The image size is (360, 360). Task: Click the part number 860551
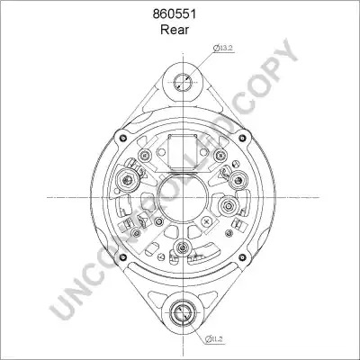coord(175,14)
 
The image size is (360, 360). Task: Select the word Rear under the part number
coord(175,30)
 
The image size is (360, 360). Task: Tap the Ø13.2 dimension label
coord(223,48)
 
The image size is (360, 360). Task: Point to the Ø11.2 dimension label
coord(215,339)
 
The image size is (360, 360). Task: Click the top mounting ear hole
coord(183,82)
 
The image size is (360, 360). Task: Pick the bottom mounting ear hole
coord(183,313)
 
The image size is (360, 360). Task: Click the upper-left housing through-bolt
coord(122,138)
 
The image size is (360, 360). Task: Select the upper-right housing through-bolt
coord(242,138)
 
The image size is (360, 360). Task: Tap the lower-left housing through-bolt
coord(122,257)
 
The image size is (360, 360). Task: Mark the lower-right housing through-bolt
coord(242,257)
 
